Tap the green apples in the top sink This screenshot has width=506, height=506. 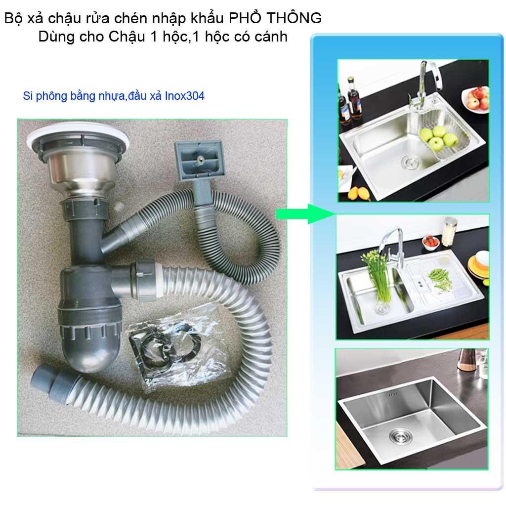pyautogui.click(x=438, y=137)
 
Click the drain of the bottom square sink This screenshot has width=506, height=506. pyautogui.click(x=399, y=436)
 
